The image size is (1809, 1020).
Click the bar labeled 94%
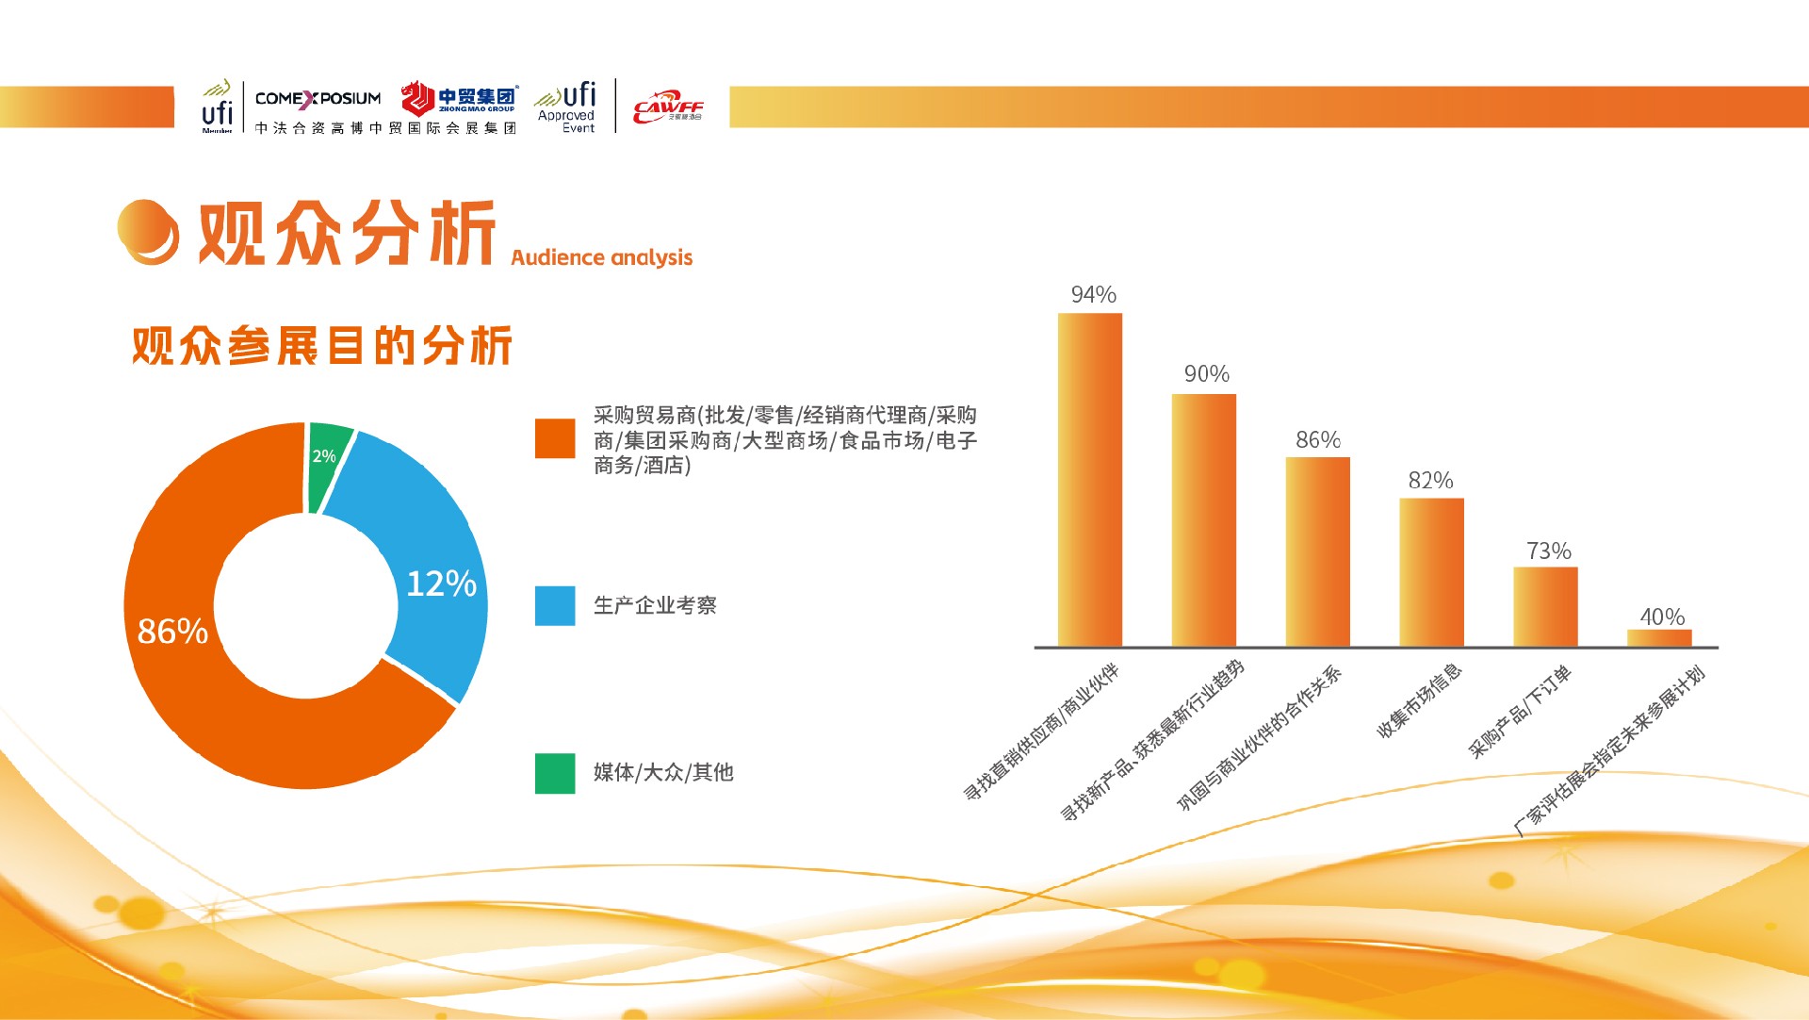tap(1090, 480)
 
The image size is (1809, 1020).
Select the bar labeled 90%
tap(1204, 520)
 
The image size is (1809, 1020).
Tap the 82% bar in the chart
tap(1431, 572)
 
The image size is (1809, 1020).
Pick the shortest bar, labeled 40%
tap(1659, 638)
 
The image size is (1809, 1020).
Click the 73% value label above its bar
tap(1549, 551)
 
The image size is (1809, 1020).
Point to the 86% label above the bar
tap(1318, 439)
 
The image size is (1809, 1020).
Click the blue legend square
tap(555, 606)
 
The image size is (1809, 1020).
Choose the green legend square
tap(555, 773)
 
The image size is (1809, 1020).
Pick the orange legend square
tap(555, 438)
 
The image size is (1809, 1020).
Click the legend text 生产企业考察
tap(655, 605)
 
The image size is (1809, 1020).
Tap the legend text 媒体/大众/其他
tap(663, 772)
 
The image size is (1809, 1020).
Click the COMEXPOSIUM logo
tap(318, 98)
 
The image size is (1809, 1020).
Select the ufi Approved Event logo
tap(566, 107)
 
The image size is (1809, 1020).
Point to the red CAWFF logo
tap(668, 107)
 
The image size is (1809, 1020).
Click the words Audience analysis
tap(602, 257)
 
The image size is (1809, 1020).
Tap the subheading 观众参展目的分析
tap(322, 345)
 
